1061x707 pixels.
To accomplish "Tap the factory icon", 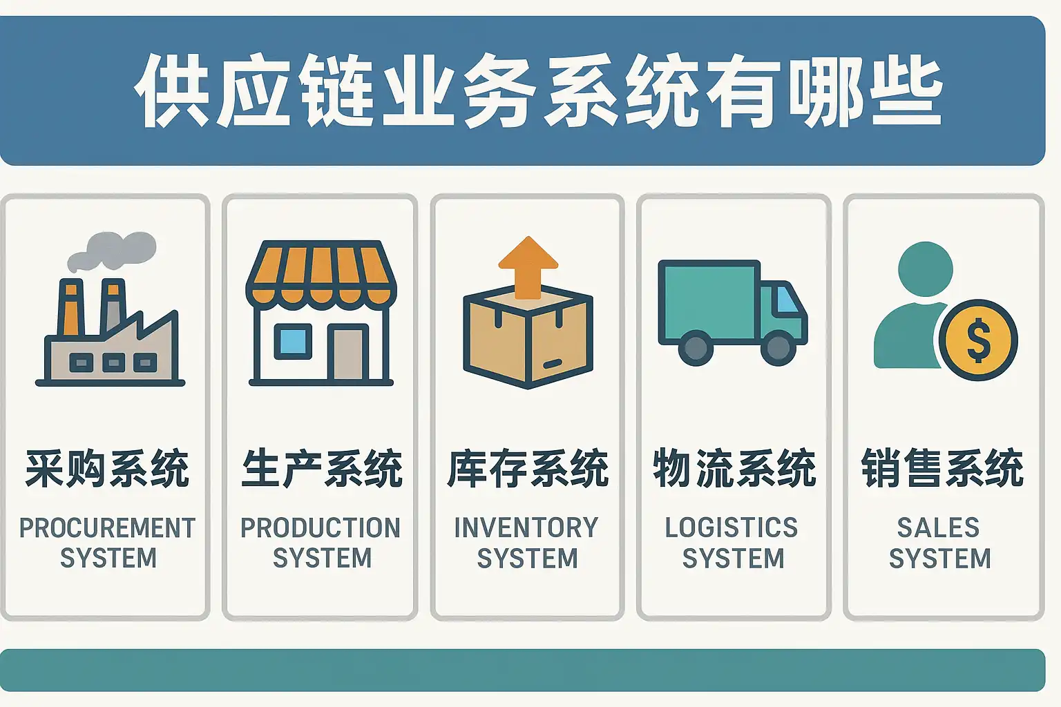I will (111, 338).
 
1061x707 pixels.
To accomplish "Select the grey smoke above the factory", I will (114, 250).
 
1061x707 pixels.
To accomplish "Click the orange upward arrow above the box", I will (528, 266).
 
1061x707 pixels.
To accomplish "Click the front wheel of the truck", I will (778, 347).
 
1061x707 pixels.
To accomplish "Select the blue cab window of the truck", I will (786, 300).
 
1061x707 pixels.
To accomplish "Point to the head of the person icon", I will (925, 269).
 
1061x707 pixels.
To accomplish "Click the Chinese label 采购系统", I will (107, 468).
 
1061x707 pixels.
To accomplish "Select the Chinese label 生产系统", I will (321, 468).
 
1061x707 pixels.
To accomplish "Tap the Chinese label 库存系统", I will (528, 468).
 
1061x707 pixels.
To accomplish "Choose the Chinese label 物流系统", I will (734, 468).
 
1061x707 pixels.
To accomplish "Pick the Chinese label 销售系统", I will (941, 468).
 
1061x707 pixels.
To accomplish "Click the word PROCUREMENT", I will (107, 528).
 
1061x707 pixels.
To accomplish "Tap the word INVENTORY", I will (526, 528).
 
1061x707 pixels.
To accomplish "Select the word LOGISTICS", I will (732, 528).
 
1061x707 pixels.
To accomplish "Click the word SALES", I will (938, 528).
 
